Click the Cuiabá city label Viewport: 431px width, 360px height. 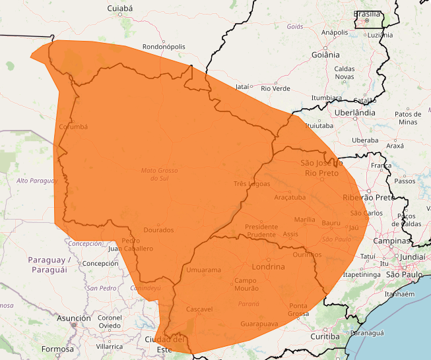[x=119, y=9]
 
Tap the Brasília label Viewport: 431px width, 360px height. [x=367, y=14]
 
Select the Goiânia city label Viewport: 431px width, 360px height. [x=326, y=55]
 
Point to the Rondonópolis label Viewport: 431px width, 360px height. [x=164, y=47]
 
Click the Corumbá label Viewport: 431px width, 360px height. [x=73, y=127]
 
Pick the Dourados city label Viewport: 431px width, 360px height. [x=158, y=230]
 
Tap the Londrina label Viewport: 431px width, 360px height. [x=268, y=267]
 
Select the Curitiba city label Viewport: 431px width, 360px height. [x=325, y=337]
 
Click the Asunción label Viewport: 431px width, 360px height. [x=74, y=318]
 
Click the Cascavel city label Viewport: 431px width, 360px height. [x=199, y=309]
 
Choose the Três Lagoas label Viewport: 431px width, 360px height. [x=252, y=183]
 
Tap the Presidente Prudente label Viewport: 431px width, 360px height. [x=261, y=231]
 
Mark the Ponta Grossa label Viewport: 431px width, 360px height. [x=298, y=309]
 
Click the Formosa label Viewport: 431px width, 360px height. [x=57, y=349]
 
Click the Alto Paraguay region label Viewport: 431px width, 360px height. [x=37, y=181]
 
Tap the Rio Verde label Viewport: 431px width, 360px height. [x=275, y=88]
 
